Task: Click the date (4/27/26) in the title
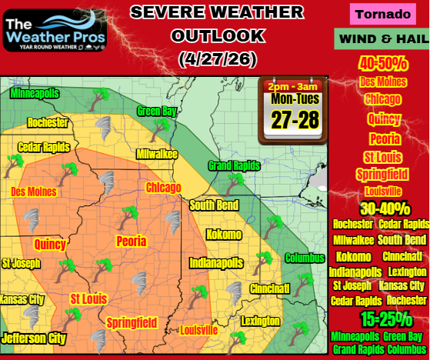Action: tap(218, 58)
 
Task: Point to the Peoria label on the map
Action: tap(131, 242)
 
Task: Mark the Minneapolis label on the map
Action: tap(35, 94)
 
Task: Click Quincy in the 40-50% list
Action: tap(382, 119)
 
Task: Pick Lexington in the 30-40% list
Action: tap(407, 272)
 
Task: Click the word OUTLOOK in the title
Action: tap(218, 35)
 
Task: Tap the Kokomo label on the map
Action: tap(223, 234)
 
